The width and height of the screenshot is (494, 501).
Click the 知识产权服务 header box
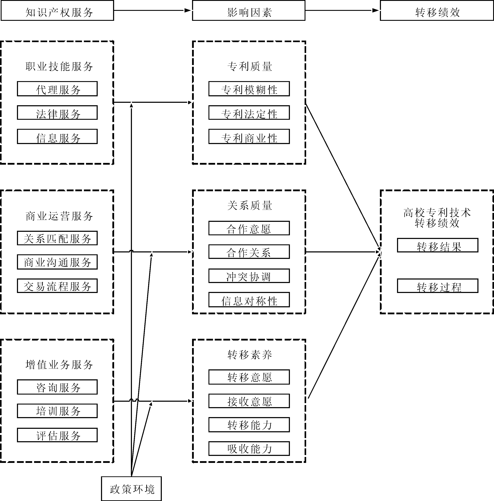pyautogui.click(x=57, y=11)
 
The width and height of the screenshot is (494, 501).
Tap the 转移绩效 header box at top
pyautogui.click(x=437, y=11)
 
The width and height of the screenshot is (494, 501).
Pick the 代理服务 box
pyautogui.click(x=57, y=89)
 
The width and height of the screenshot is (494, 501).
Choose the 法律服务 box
pyautogui.click(x=57, y=113)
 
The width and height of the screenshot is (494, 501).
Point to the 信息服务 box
pyautogui.click(x=57, y=137)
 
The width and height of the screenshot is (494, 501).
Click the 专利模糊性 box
pyautogui.click(x=249, y=89)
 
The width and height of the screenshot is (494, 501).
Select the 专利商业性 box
pyautogui.click(x=249, y=137)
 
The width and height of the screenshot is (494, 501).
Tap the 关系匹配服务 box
pyautogui.click(x=57, y=238)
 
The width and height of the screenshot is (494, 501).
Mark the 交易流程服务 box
pyautogui.click(x=57, y=286)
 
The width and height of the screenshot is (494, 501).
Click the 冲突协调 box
pyautogui.click(x=249, y=276)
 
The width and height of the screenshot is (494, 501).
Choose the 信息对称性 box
pyautogui.click(x=249, y=300)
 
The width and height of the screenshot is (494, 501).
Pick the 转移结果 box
pyautogui.click(x=438, y=245)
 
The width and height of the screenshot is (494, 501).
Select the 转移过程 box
pyautogui.click(x=438, y=286)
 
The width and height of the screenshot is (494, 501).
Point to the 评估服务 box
pyautogui.click(x=57, y=435)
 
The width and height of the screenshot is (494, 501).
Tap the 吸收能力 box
pyautogui.click(x=249, y=449)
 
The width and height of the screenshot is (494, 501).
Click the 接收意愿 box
pyautogui.click(x=249, y=401)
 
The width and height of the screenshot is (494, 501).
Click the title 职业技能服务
pyautogui.click(x=59, y=66)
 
